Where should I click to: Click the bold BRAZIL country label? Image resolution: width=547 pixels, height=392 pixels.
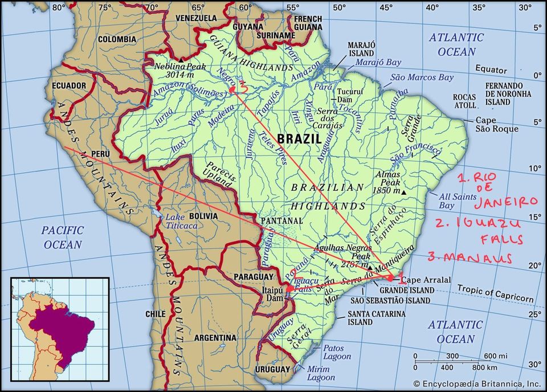(299, 138)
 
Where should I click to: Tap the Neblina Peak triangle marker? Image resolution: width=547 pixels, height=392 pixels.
(181, 59)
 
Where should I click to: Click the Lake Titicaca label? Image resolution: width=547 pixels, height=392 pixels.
(182, 222)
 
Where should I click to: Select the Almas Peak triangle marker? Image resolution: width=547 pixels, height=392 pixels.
(404, 193)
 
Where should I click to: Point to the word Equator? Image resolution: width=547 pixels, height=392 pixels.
(491, 70)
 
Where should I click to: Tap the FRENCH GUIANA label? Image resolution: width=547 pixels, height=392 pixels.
(308, 23)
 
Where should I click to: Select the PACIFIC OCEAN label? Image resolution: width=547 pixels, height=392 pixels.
(62, 238)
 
